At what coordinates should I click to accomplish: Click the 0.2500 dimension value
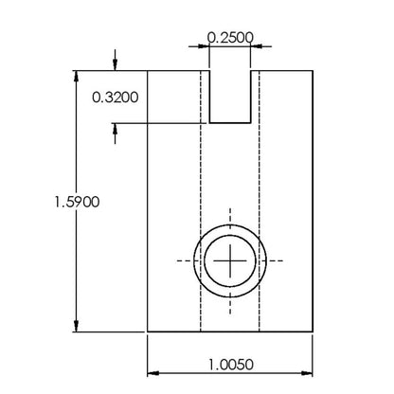point(230,38)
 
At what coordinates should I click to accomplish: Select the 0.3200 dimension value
point(116,98)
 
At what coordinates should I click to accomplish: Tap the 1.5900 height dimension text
point(77,202)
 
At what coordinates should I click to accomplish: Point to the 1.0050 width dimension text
point(230,365)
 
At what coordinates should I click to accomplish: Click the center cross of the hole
point(230,260)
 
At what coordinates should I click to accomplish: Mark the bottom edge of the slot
point(230,122)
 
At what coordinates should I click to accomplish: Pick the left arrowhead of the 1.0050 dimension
point(153,373)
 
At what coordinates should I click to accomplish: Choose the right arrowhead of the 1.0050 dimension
point(307,373)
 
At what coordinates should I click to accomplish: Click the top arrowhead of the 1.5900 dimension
point(76,77)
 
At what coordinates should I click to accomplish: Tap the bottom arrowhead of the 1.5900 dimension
point(76,326)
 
